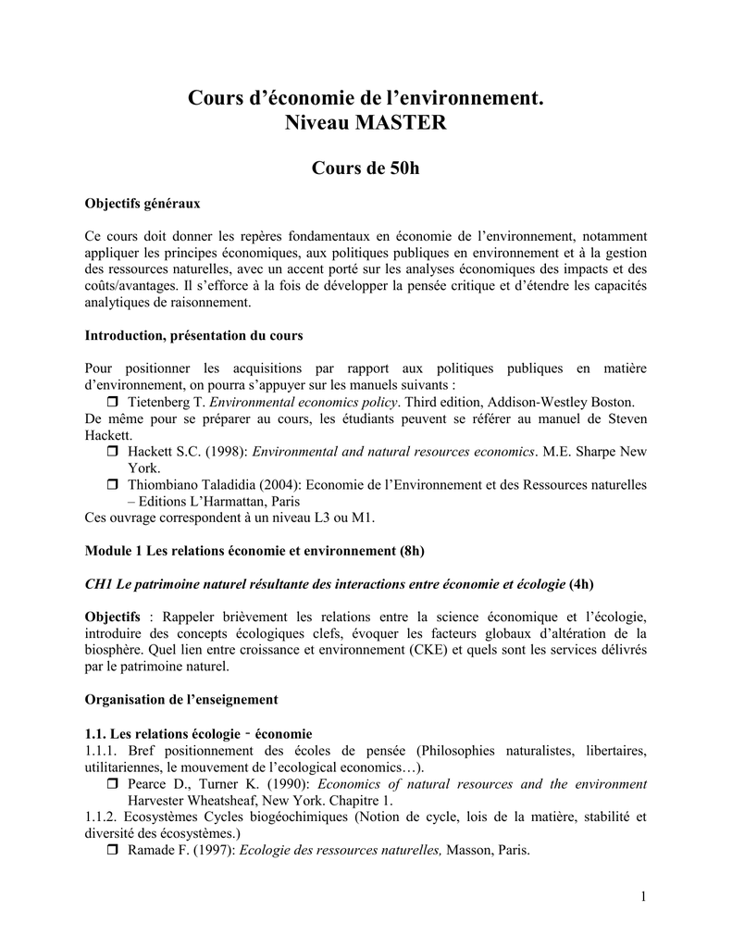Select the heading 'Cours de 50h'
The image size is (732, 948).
(x=366, y=168)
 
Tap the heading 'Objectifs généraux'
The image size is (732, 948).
(x=143, y=203)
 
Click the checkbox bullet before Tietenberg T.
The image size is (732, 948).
(x=114, y=403)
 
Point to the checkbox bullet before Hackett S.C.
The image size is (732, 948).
(x=114, y=452)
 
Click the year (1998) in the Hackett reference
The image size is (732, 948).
(x=223, y=452)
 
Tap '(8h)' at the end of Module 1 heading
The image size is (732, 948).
(x=412, y=551)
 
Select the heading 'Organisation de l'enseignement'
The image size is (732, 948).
(x=181, y=699)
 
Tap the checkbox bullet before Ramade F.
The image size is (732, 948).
(x=114, y=851)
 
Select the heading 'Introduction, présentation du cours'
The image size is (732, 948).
(x=194, y=334)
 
